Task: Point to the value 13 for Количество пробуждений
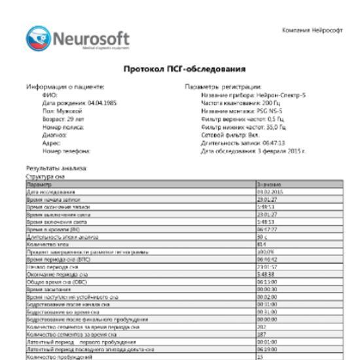pos(260,357)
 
